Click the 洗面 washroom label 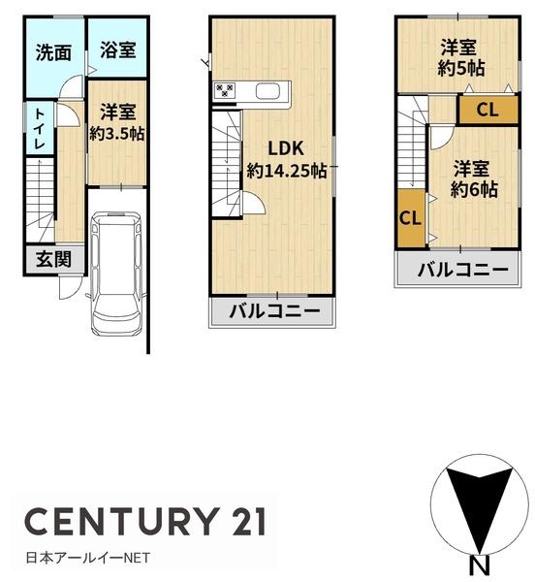53,53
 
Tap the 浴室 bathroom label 118,50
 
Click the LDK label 286,148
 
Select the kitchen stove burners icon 225,92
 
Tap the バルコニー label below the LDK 274,312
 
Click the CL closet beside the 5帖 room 488,111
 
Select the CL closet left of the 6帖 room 410,217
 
